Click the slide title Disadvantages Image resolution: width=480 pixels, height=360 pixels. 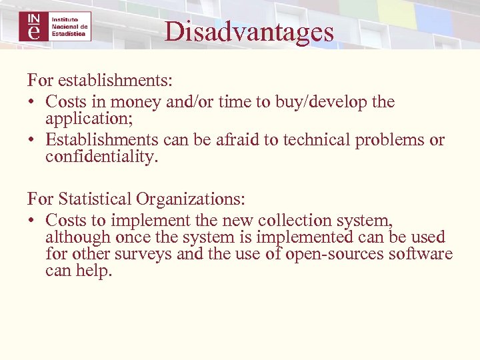point(249,31)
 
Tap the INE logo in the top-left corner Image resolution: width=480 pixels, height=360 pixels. point(55,26)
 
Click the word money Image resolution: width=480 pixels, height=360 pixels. point(133,102)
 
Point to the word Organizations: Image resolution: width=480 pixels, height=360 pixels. point(191,199)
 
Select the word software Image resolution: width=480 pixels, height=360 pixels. point(420,254)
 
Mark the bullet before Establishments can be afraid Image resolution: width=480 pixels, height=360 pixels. point(32,140)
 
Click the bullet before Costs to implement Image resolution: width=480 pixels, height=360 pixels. point(32,220)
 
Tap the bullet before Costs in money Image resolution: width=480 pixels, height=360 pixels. point(32,102)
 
